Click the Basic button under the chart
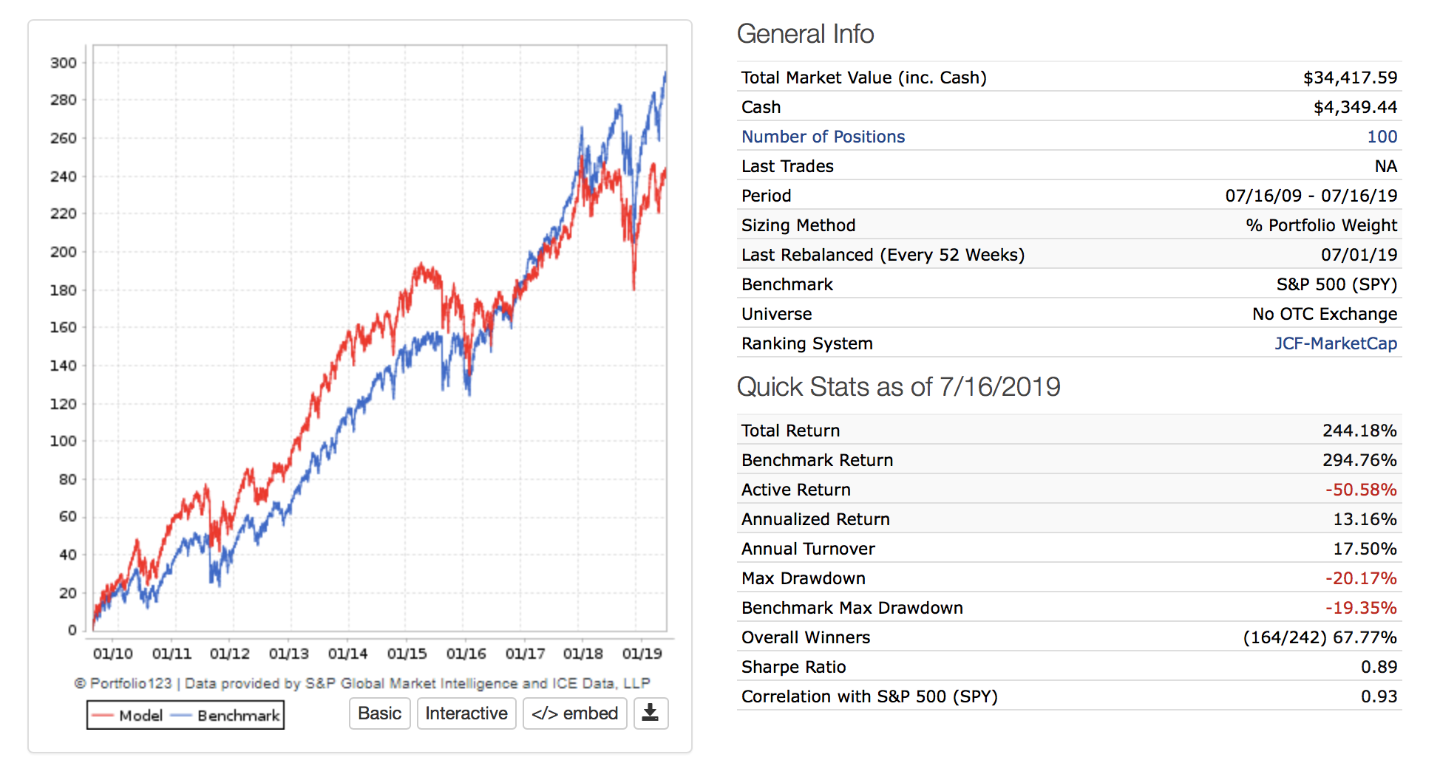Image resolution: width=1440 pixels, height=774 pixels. (379, 713)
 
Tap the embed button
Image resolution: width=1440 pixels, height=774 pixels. (574, 713)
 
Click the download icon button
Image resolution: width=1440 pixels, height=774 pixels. (651, 713)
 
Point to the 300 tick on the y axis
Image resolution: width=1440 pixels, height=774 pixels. (64, 63)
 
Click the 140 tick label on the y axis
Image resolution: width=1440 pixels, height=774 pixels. (64, 366)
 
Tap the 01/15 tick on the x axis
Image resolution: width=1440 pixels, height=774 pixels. (407, 654)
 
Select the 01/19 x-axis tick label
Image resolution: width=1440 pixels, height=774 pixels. (642, 654)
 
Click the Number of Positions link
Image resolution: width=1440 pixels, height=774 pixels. (823, 137)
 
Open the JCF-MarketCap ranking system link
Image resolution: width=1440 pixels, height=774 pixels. (1335, 343)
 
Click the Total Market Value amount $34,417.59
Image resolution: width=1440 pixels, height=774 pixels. (1350, 78)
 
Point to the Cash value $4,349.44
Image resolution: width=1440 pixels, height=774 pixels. (1355, 107)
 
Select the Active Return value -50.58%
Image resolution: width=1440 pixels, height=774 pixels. (1360, 490)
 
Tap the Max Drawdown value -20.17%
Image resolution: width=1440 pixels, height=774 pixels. (1360, 578)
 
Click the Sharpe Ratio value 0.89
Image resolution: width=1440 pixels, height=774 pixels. (1379, 667)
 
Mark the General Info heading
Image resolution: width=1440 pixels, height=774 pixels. (805, 34)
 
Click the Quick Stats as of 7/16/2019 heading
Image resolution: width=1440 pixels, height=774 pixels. (898, 387)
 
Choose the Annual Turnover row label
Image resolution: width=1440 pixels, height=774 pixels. (808, 549)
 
